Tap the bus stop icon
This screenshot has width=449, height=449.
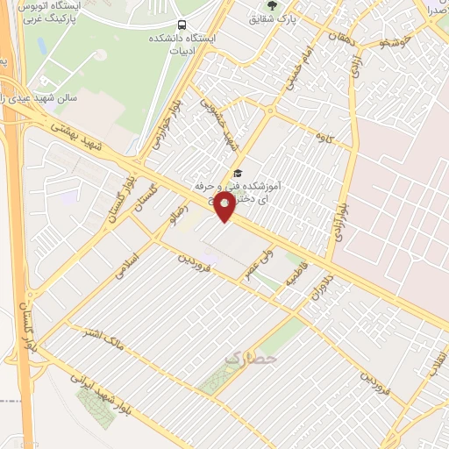pos(182,25)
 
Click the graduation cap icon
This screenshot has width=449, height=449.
pos(237,173)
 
